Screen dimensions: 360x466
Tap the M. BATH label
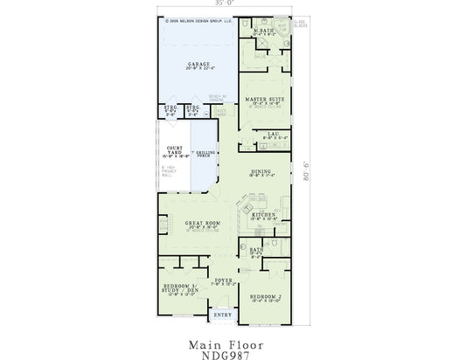coord(264,31)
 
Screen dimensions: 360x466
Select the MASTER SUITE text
coord(265,99)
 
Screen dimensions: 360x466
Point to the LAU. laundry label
coord(273,134)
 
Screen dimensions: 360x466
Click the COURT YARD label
coord(173,150)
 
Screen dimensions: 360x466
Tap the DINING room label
coord(261,171)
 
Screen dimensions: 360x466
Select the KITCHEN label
coord(263,214)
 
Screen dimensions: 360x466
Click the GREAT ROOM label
coord(201,224)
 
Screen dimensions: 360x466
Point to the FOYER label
coord(223,280)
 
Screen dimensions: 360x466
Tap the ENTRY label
coord(223,314)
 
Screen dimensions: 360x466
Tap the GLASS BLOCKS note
coord(301,24)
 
